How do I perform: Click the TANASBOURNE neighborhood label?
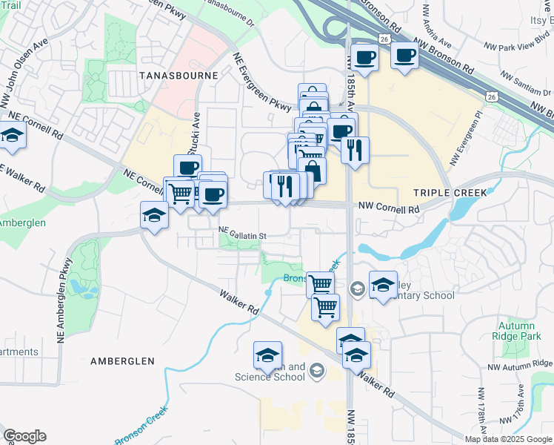[177, 76]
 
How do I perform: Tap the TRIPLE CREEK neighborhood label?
[450, 192]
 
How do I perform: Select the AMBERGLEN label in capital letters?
[122, 360]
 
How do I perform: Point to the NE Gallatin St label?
[242, 236]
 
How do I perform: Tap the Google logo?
[24, 436]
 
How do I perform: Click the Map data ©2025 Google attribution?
[508, 439]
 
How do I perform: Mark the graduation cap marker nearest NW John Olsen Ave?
[12, 135]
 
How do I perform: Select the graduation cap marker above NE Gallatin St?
[153, 215]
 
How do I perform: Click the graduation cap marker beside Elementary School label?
[383, 285]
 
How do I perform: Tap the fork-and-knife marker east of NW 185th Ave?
[356, 149]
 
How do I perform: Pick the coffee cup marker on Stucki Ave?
[187, 166]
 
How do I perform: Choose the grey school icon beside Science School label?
[317, 369]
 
